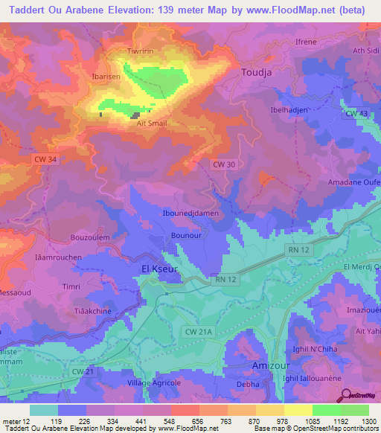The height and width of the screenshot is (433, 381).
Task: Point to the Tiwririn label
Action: point(141,53)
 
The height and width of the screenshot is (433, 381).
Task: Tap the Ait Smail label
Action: point(152,124)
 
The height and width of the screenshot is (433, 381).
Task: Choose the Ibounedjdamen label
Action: point(190,214)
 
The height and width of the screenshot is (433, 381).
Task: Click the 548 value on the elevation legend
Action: point(156,420)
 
